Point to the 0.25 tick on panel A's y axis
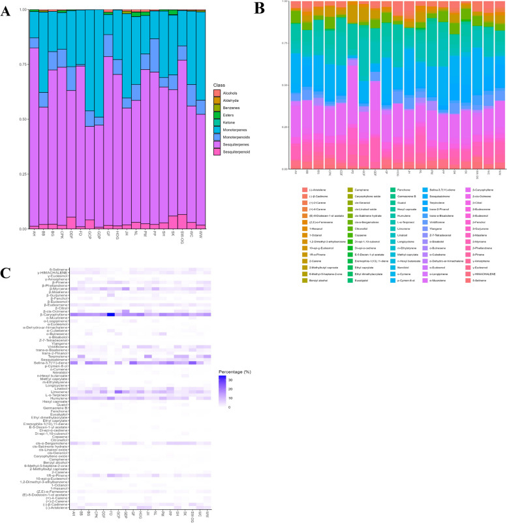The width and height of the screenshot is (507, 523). [x=20, y=174]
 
